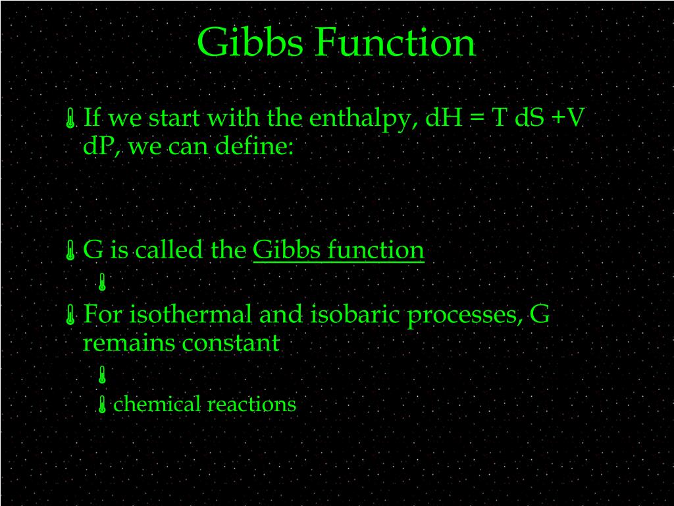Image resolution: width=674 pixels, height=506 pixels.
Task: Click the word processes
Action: (465, 315)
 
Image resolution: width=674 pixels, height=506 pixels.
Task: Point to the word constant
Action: (230, 343)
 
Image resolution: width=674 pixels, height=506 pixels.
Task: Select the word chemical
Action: (157, 404)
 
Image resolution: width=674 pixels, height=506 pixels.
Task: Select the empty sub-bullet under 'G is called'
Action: (102, 283)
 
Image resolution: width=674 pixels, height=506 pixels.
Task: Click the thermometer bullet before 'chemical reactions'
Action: (102, 405)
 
